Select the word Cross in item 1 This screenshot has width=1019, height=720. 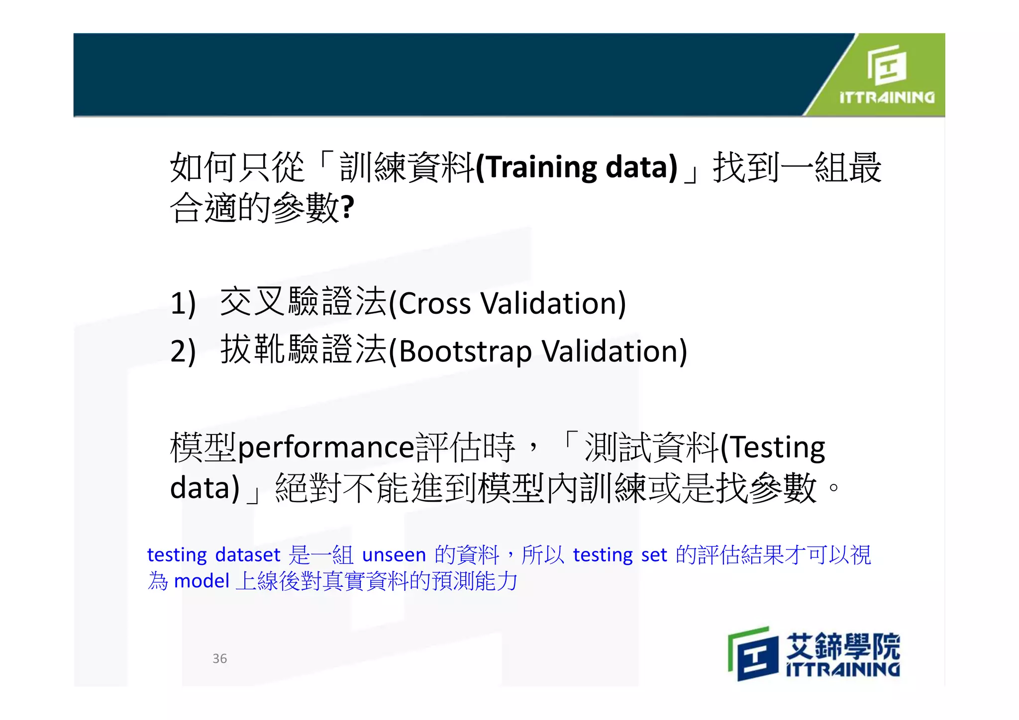[434, 303]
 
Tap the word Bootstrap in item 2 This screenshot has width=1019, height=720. [465, 352]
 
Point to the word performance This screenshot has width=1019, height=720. [326, 447]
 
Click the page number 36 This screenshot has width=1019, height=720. [219, 658]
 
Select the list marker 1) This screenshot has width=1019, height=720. [183, 303]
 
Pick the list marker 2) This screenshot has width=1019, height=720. [183, 351]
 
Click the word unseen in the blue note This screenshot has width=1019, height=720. [394, 555]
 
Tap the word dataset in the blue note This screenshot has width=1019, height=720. [248, 555]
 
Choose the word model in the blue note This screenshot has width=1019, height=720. [202, 581]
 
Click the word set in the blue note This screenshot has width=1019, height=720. [654, 555]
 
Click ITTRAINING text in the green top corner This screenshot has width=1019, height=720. [887, 97]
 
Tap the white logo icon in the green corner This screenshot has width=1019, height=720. [887, 65]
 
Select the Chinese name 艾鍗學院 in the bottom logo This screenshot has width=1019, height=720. [843, 646]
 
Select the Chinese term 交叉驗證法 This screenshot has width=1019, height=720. [303, 302]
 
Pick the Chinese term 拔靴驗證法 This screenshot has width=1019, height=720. [303, 350]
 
